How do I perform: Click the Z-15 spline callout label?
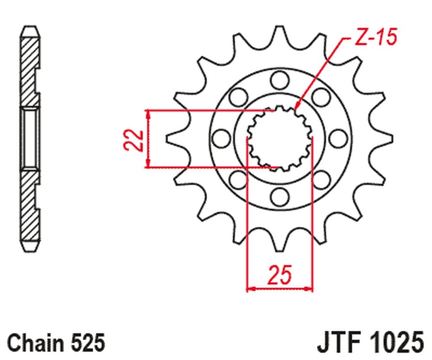pos(376,36)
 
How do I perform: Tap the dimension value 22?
pos(134,140)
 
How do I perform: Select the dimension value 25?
pos(279,274)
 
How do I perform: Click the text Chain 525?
pos(56,342)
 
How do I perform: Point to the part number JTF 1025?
pos(371,342)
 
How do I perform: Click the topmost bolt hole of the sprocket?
pos(280,80)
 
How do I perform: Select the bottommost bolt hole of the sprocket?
pos(280,197)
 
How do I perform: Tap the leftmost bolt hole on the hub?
pos(222,138)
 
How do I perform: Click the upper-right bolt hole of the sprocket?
pos(321,97)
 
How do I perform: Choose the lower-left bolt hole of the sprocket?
pos(239,180)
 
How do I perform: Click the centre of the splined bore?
pos(280,139)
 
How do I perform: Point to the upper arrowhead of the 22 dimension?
pos(149,114)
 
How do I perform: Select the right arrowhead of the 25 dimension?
pos(309,289)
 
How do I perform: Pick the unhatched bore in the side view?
pos(30,139)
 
